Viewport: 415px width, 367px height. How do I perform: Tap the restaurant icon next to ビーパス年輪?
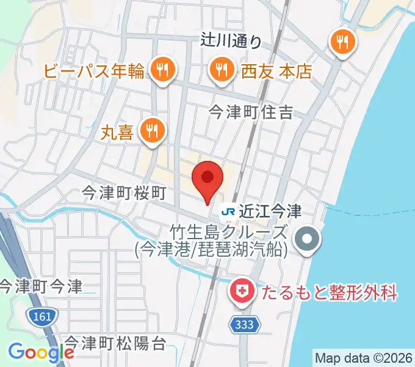[162, 70]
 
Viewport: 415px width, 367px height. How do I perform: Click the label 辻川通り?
[231, 41]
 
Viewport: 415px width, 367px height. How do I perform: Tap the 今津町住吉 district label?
[251, 112]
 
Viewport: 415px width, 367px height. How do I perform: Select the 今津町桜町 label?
[125, 193]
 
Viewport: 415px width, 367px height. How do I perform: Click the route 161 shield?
[41, 317]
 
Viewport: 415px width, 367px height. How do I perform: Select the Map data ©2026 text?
[364, 357]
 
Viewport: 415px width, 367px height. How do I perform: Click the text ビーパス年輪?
[94, 72]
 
